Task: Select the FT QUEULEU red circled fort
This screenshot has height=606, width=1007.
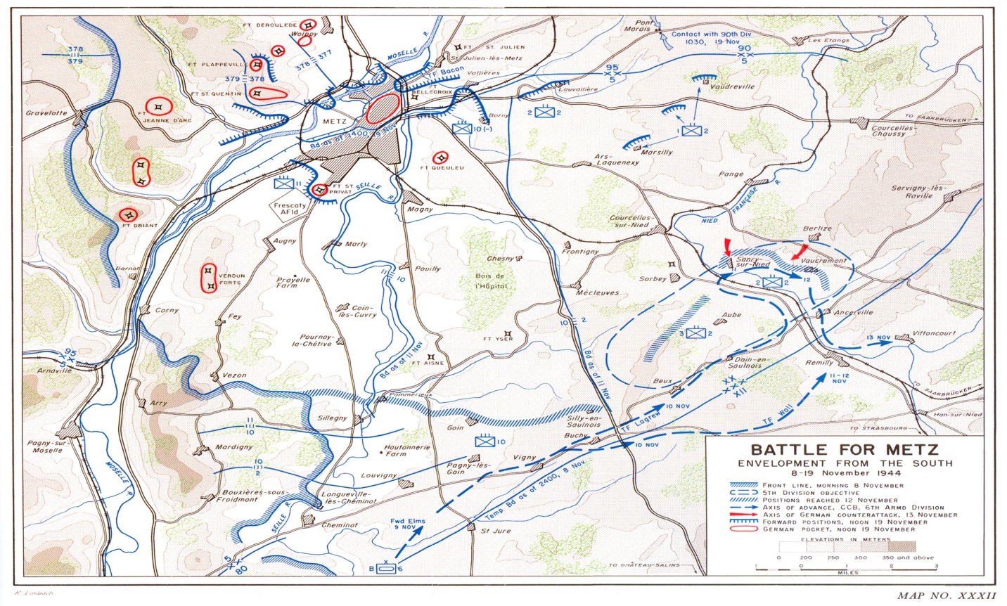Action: tap(441, 157)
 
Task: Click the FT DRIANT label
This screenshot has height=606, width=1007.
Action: tap(139, 226)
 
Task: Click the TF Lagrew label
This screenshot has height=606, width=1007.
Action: tap(636, 426)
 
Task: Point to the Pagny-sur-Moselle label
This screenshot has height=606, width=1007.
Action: tap(47, 446)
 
